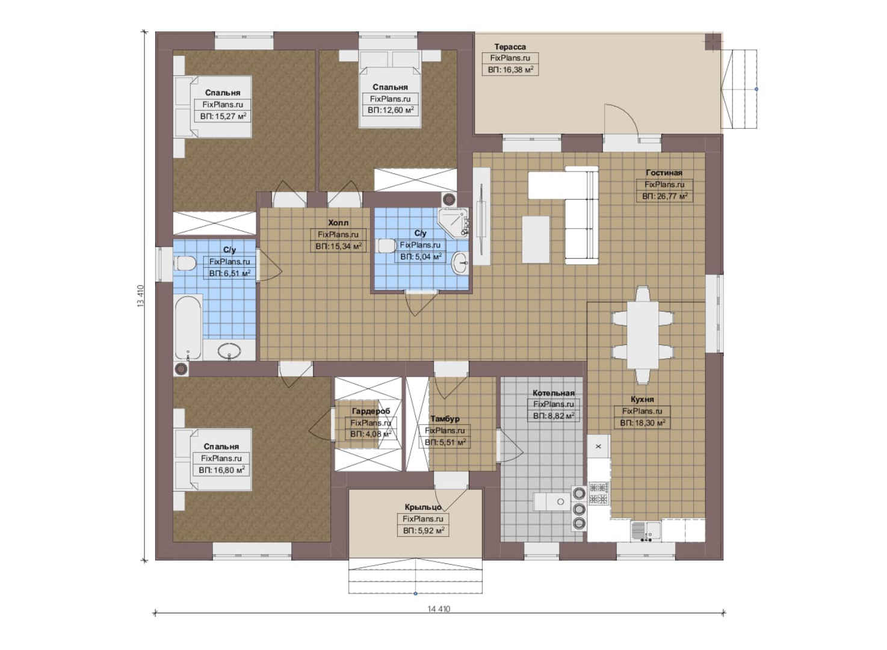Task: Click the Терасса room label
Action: click(x=510, y=47)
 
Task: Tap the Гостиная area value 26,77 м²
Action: click(x=664, y=196)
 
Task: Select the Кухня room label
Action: click(x=642, y=399)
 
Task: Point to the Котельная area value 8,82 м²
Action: click(x=554, y=416)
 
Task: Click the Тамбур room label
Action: click(x=445, y=419)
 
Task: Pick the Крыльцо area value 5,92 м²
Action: click(x=423, y=530)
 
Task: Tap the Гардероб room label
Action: click(x=371, y=411)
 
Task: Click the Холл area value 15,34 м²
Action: click(x=339, y=246)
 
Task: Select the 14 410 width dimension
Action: click(x=439, y=609)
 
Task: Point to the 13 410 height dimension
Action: click(x=140, y=296)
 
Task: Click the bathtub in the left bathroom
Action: click(x=188, y=327)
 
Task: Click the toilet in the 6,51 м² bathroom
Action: click(x=185, y=264)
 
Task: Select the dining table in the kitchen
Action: click(x=642, y=335)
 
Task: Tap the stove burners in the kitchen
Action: click(x=598, y=493)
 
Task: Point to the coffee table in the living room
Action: click(x=536, y=240)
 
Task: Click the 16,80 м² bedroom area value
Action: click(x=221, y=470)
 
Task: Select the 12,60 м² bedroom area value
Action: click(x=391, y=110)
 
